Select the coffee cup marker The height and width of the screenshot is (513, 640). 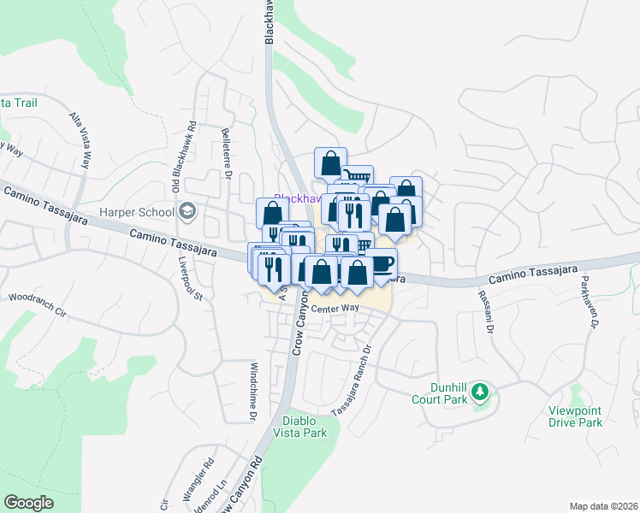[380, 262]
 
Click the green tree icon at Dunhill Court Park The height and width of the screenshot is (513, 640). [480, 392]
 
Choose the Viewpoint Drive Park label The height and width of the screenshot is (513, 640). [576, 416]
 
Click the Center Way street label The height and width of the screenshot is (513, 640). [335, 309]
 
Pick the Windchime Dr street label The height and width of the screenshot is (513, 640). [253, 392]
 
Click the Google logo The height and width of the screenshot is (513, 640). [28, 503]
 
